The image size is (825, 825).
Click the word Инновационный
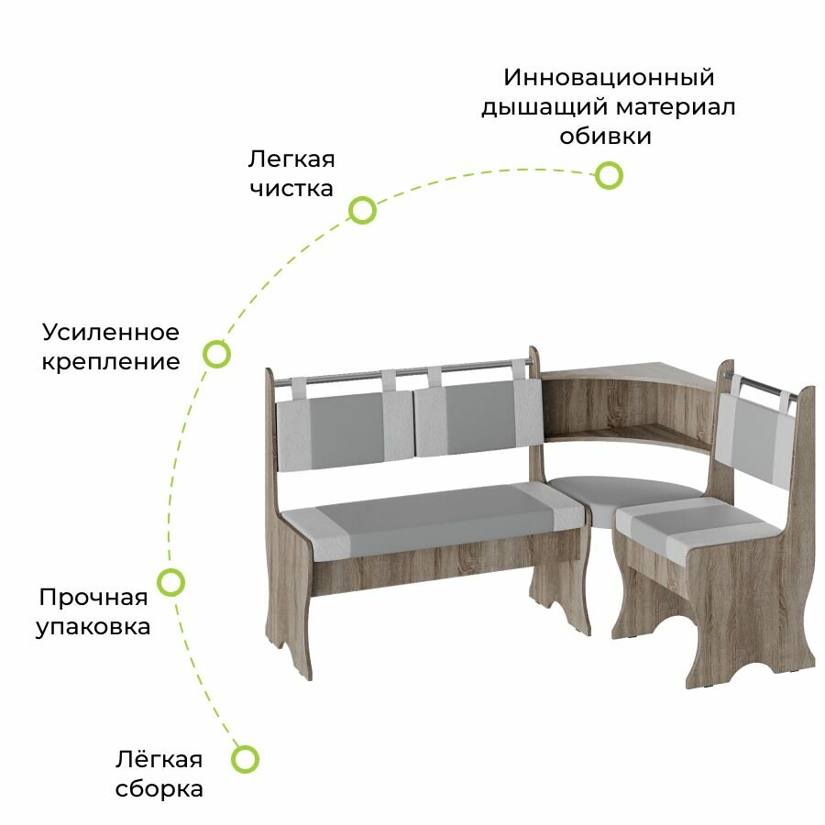click(x=609, y=77)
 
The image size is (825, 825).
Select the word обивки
click(x=606, y=137)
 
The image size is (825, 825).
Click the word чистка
click(x=290, y=190)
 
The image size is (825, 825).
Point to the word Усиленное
click(x=111, y=331)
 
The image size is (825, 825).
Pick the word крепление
click(x=111, y=361)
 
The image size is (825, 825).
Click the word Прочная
click(x=93, y=598)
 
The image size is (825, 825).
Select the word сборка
click(x=159, y=788)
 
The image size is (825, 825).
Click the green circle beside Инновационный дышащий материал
click(x=609, y=175)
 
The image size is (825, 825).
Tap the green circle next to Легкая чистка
click(x=363, y=211)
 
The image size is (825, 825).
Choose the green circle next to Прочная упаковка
click(x=171, y=581)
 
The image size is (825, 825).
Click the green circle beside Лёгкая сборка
click(x=245, y=758)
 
